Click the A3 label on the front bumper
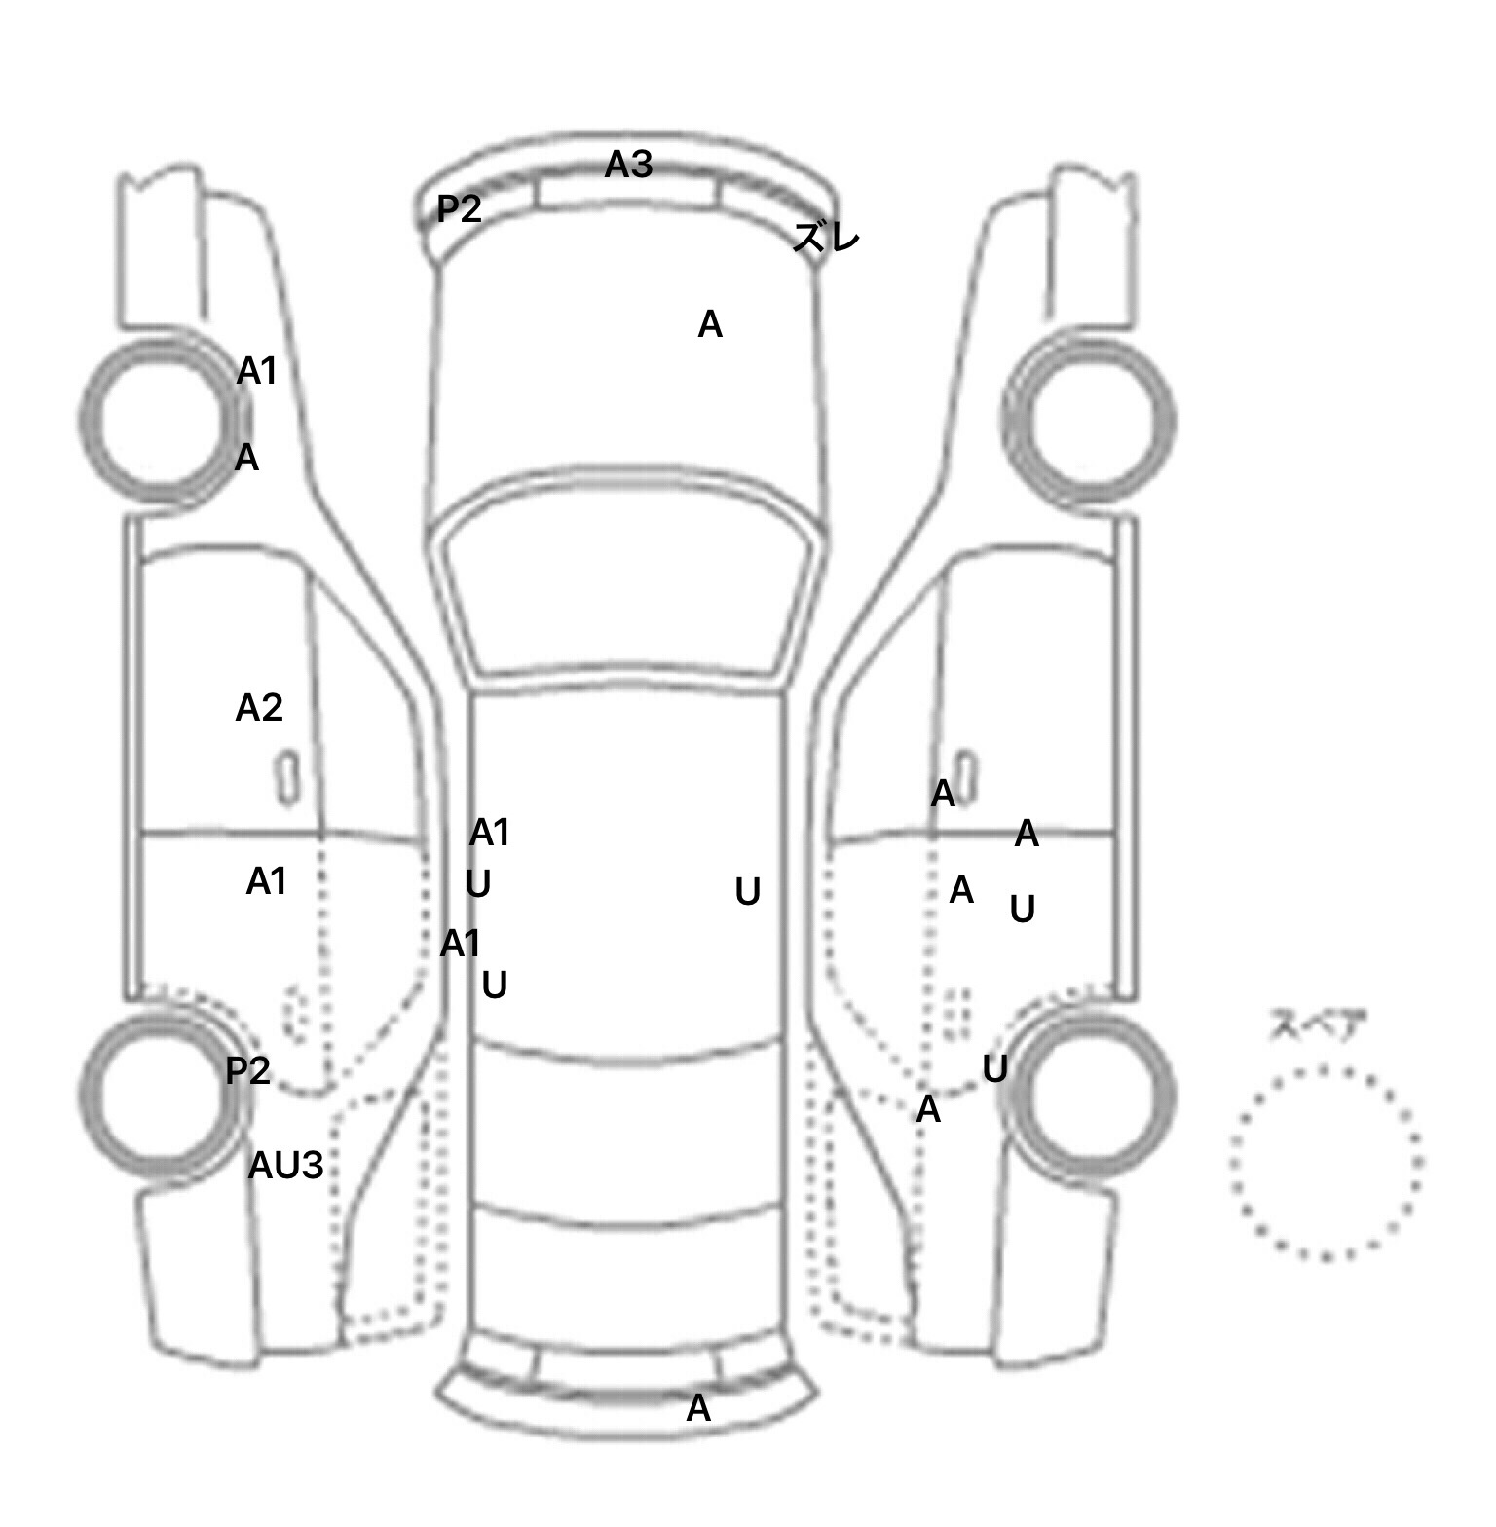pos(628,165)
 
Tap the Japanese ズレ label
pos(827,237)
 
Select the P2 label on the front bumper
pos(459,207)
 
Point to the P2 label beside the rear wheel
pos(247,1070)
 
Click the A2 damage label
pos(259,707)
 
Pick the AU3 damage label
pos(285,1165)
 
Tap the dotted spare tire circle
pos(1326,1067)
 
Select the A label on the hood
pos(710,324)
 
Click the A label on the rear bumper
pos(698,1408)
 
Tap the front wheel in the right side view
pos(1088,421)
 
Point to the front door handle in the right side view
pos(966,776)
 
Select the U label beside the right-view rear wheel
pos(994,1068)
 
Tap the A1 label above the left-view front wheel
pos(257,371)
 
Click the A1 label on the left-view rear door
pos(266,881)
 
